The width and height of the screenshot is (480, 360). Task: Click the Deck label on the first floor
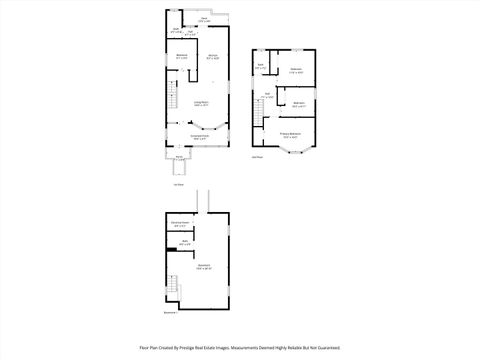click(203, 18)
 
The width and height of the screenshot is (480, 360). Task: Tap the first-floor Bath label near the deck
click(176, 30)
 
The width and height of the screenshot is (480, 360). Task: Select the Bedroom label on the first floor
click(181, 56)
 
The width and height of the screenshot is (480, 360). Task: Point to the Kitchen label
click(213, 56)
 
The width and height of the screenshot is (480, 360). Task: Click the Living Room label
click(200, 103)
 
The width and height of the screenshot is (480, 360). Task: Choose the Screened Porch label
click(200, 137)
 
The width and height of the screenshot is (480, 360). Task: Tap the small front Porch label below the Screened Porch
click(180, 157)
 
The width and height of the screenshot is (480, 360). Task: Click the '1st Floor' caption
click(179, 185)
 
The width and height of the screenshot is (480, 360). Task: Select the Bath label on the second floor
click(260, 67)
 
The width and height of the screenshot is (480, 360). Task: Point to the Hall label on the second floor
click(267, 96)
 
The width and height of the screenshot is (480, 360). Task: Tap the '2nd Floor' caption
click(257, 157)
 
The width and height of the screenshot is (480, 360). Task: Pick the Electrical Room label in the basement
click(181, 224)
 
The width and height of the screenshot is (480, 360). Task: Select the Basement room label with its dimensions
click(204, 267)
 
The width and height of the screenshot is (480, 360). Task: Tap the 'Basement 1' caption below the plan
click(169, 313)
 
